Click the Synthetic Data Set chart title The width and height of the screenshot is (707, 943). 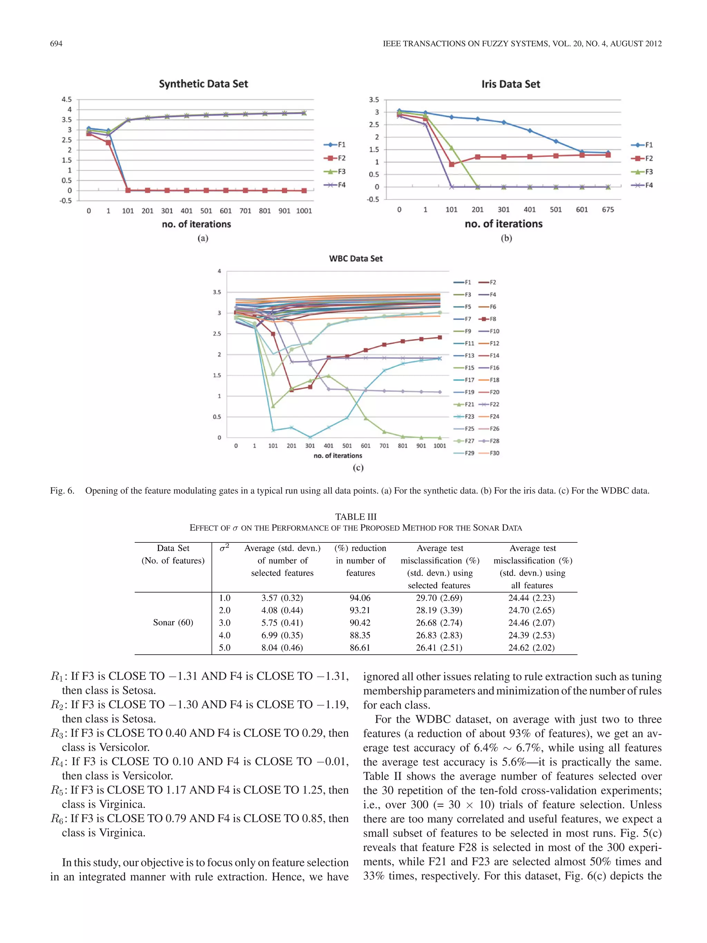tap(203, 84)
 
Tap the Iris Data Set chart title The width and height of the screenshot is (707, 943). tap(511, 84)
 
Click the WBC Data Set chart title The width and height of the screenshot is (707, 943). tap(356, 258)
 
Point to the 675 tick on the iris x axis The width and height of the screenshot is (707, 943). tap(608, 209)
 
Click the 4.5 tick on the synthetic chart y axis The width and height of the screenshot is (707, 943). tap(67, 99)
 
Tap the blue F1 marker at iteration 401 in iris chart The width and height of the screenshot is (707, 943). tap(530, 131)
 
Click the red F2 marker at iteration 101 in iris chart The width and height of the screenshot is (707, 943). tap(451, 164)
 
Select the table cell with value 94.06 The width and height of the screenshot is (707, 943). tap(360, 598)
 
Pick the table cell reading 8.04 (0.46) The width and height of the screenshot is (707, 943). tap(282, 647)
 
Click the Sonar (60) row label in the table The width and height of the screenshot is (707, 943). tap(173, 623)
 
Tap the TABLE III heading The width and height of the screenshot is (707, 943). tap(356, 517)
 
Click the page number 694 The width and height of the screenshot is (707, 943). tap(56, 44)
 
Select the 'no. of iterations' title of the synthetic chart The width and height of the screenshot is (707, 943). tap(196, 224)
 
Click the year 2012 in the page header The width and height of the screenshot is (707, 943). tap(652, 44)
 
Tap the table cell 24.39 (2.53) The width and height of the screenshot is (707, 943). tap(531, 635)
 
